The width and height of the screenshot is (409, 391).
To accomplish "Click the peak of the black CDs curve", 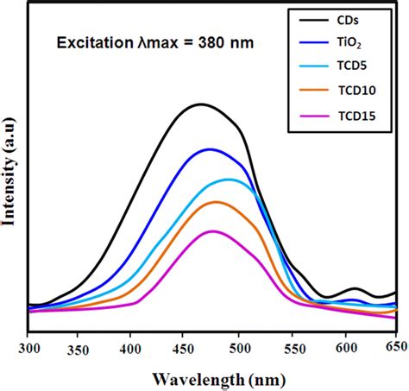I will pyautogui.click(x=200, y=104).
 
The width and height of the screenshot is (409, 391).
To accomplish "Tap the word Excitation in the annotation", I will pyautogui.click(x=90, y=41).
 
